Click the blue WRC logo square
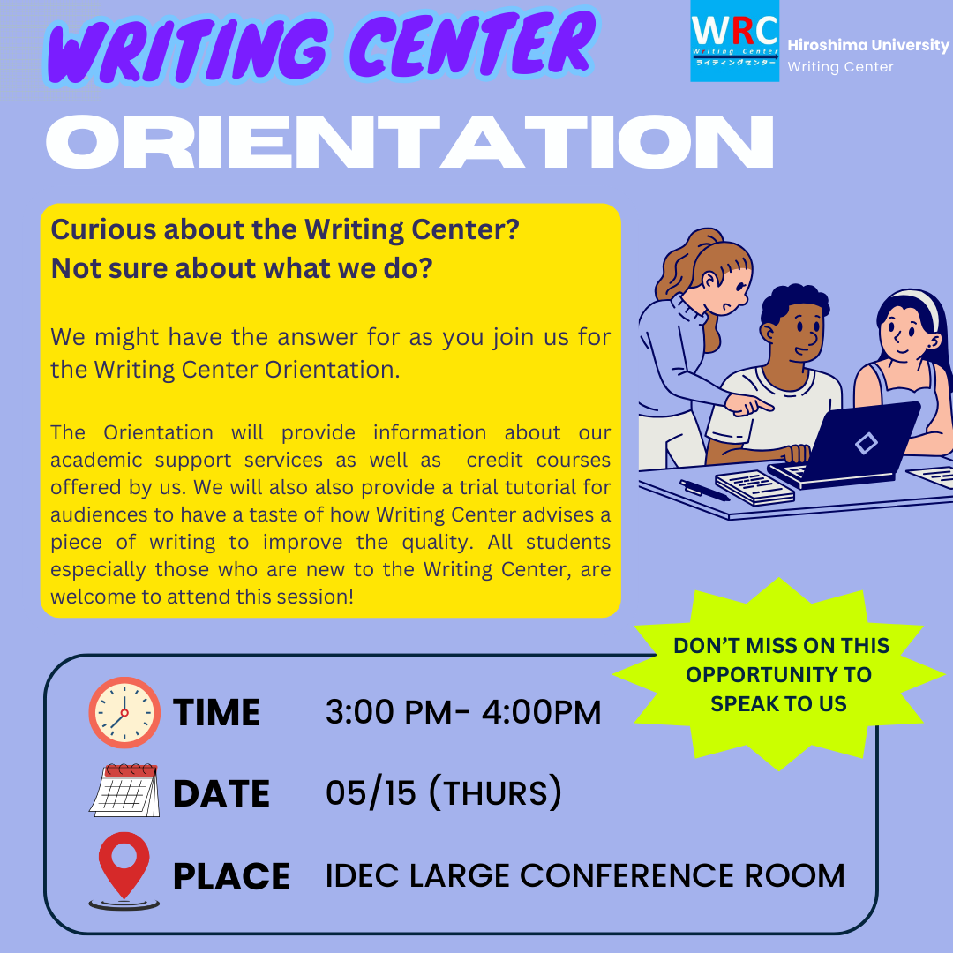click(734, 41)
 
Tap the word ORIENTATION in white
click(409, 141)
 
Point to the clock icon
click(124, 712)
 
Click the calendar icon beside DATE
click(125, 790)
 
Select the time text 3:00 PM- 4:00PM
click(463, 712)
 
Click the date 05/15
click(371, 792)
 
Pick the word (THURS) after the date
click(495, 792)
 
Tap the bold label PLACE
click(231, 876)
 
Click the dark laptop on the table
click(844, 444)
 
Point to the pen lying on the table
click(704, 490)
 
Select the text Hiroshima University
click(868, 45)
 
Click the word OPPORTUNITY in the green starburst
click(778, 675)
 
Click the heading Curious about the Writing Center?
click(285, 229)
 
